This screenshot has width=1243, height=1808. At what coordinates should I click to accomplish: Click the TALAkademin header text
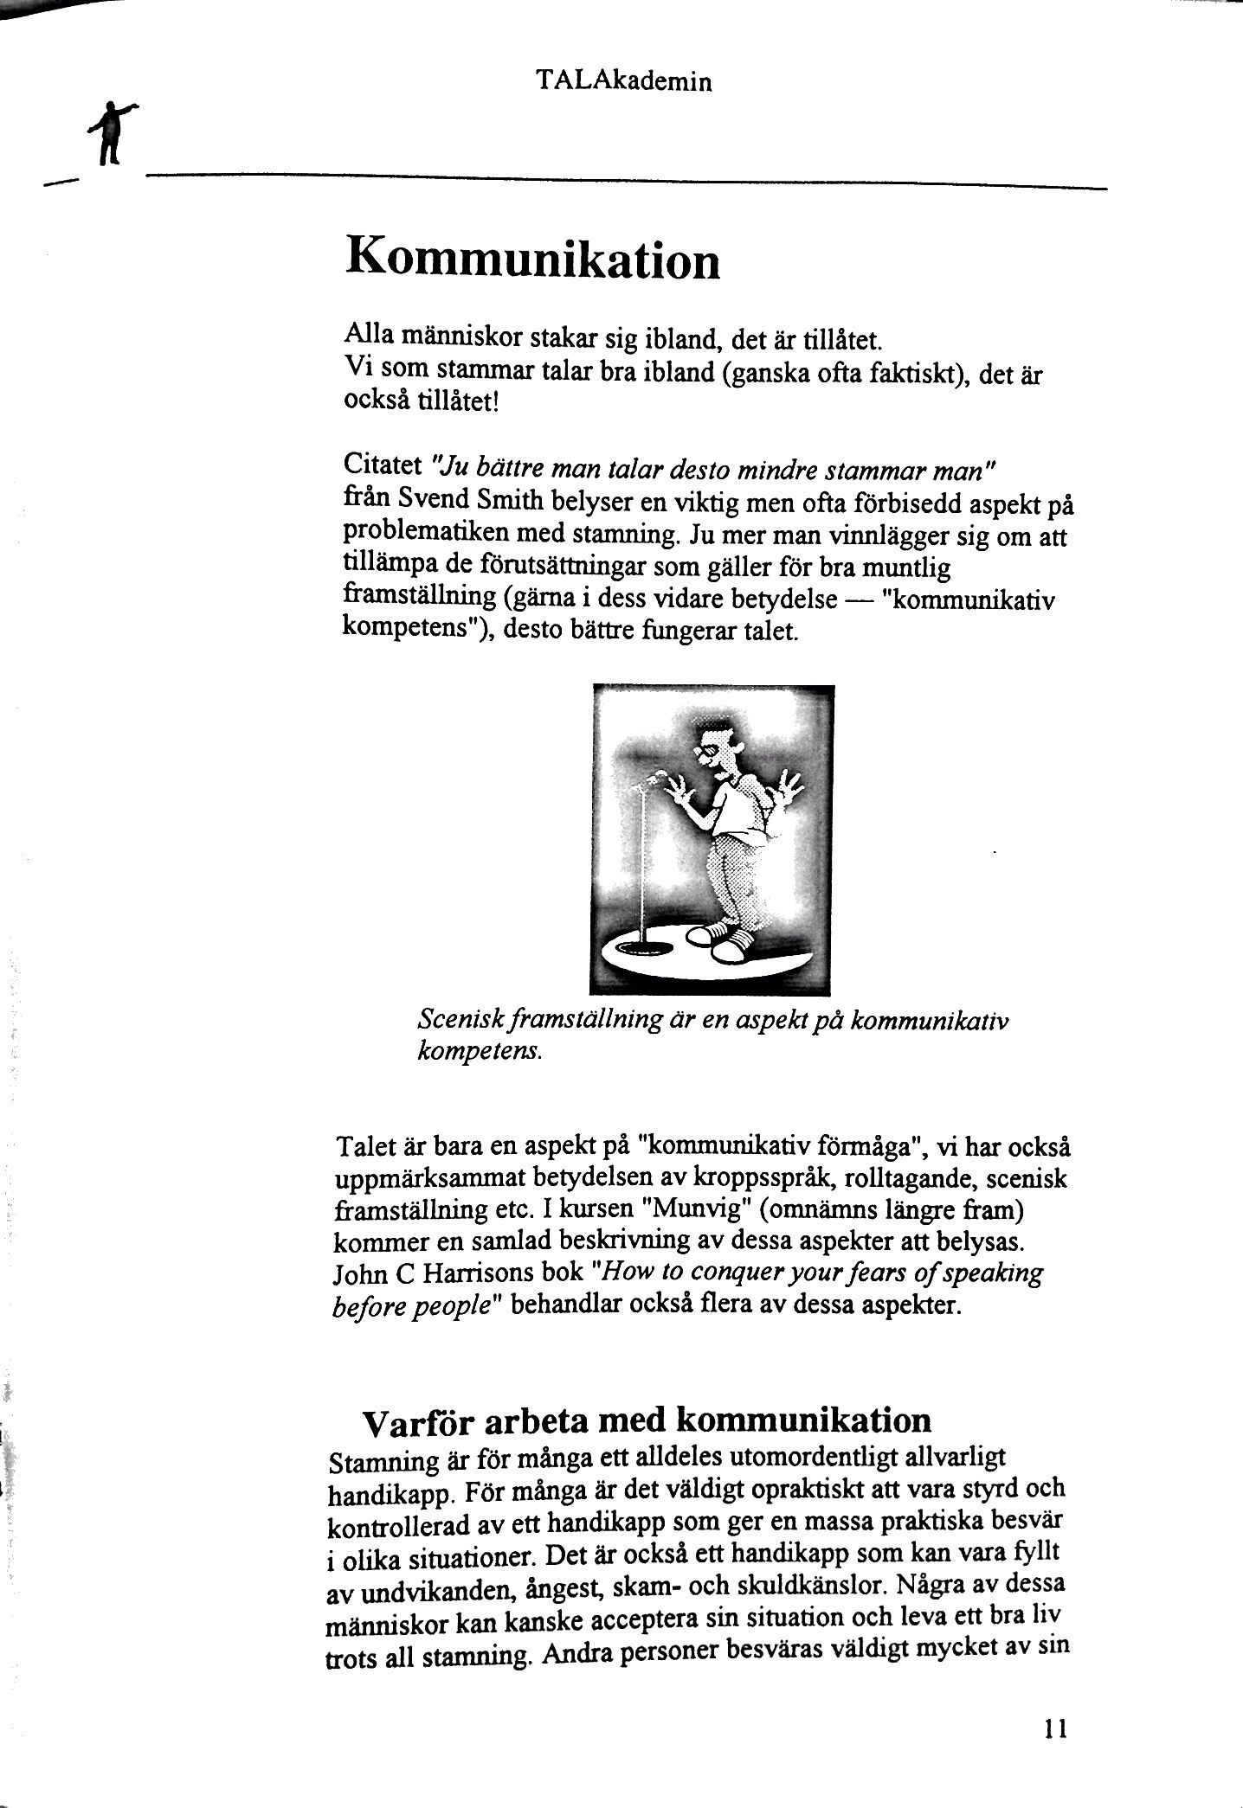[x=623, y=81]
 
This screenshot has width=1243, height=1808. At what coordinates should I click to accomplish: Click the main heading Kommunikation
[x=532, y=257]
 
